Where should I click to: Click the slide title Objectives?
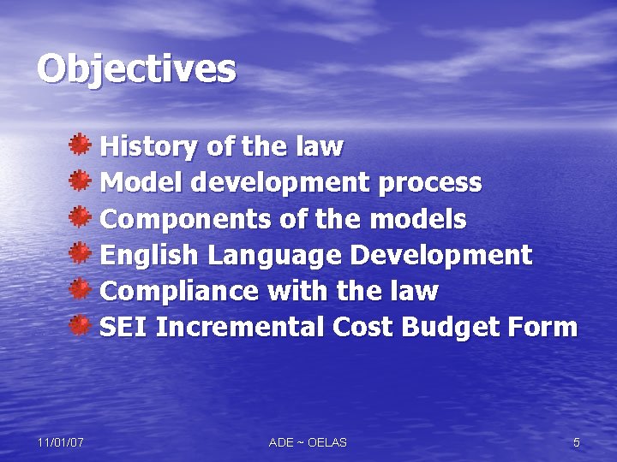[x=136, y=69]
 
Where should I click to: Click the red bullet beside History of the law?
[x=81, y=145]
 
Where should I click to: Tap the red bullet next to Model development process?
[x=81, y=181]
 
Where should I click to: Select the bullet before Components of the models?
[x=81, y=216]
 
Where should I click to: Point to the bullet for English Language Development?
[x=81, y=253]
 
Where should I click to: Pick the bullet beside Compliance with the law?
[x=81, y=289]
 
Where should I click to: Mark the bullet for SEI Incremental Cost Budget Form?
[x=81, y=325]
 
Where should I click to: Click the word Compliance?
[x=179, y=292]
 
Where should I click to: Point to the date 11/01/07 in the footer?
[x=60, y=442]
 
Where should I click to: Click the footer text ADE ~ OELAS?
[x=308, y=442]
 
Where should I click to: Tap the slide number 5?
[x=576, y=442]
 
